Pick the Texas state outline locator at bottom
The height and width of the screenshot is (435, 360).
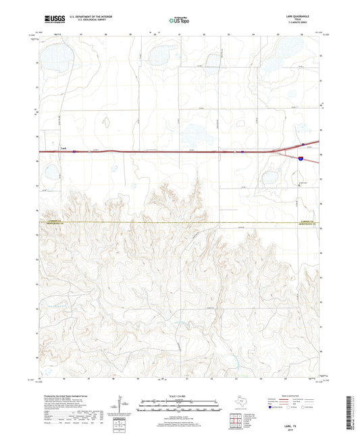click(x=240, y=401)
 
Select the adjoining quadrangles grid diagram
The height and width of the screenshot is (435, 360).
click(x=236, y=421)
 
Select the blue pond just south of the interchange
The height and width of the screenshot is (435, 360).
click(x=269, y=179)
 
